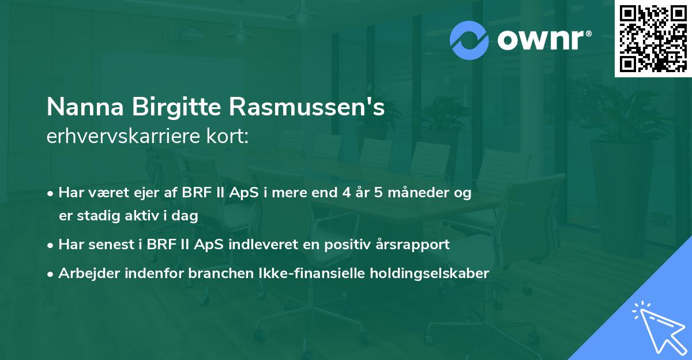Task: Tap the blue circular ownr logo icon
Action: click(x=469, y=40)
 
